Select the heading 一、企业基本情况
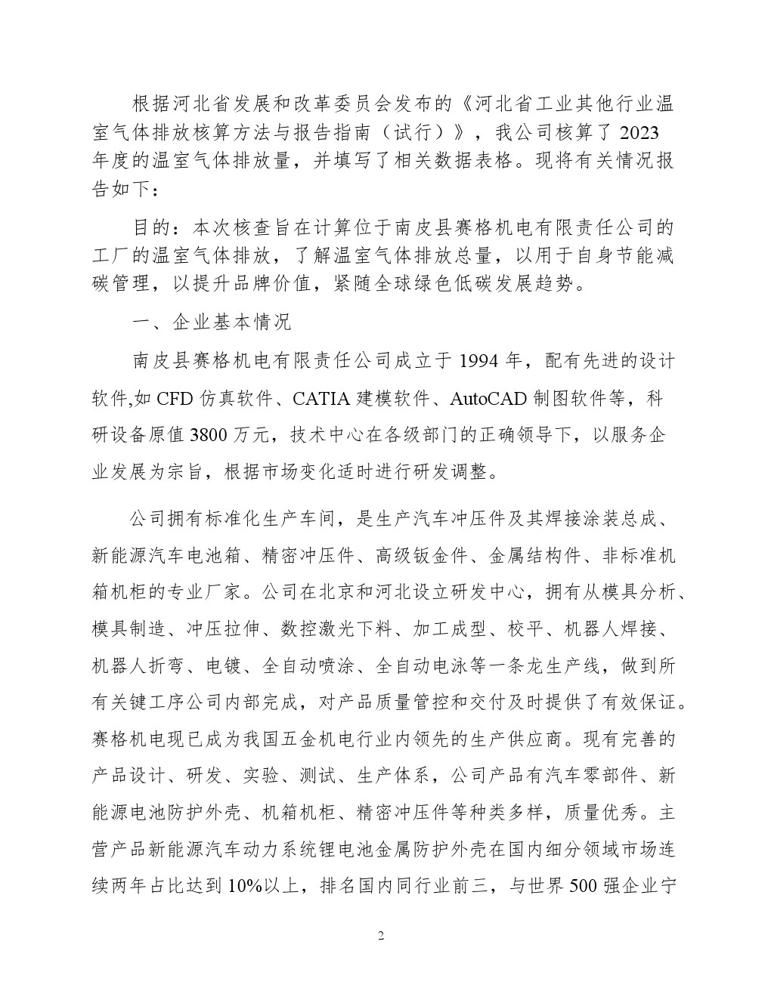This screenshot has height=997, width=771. (211, 323)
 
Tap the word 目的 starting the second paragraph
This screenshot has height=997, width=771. (152, 227)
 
